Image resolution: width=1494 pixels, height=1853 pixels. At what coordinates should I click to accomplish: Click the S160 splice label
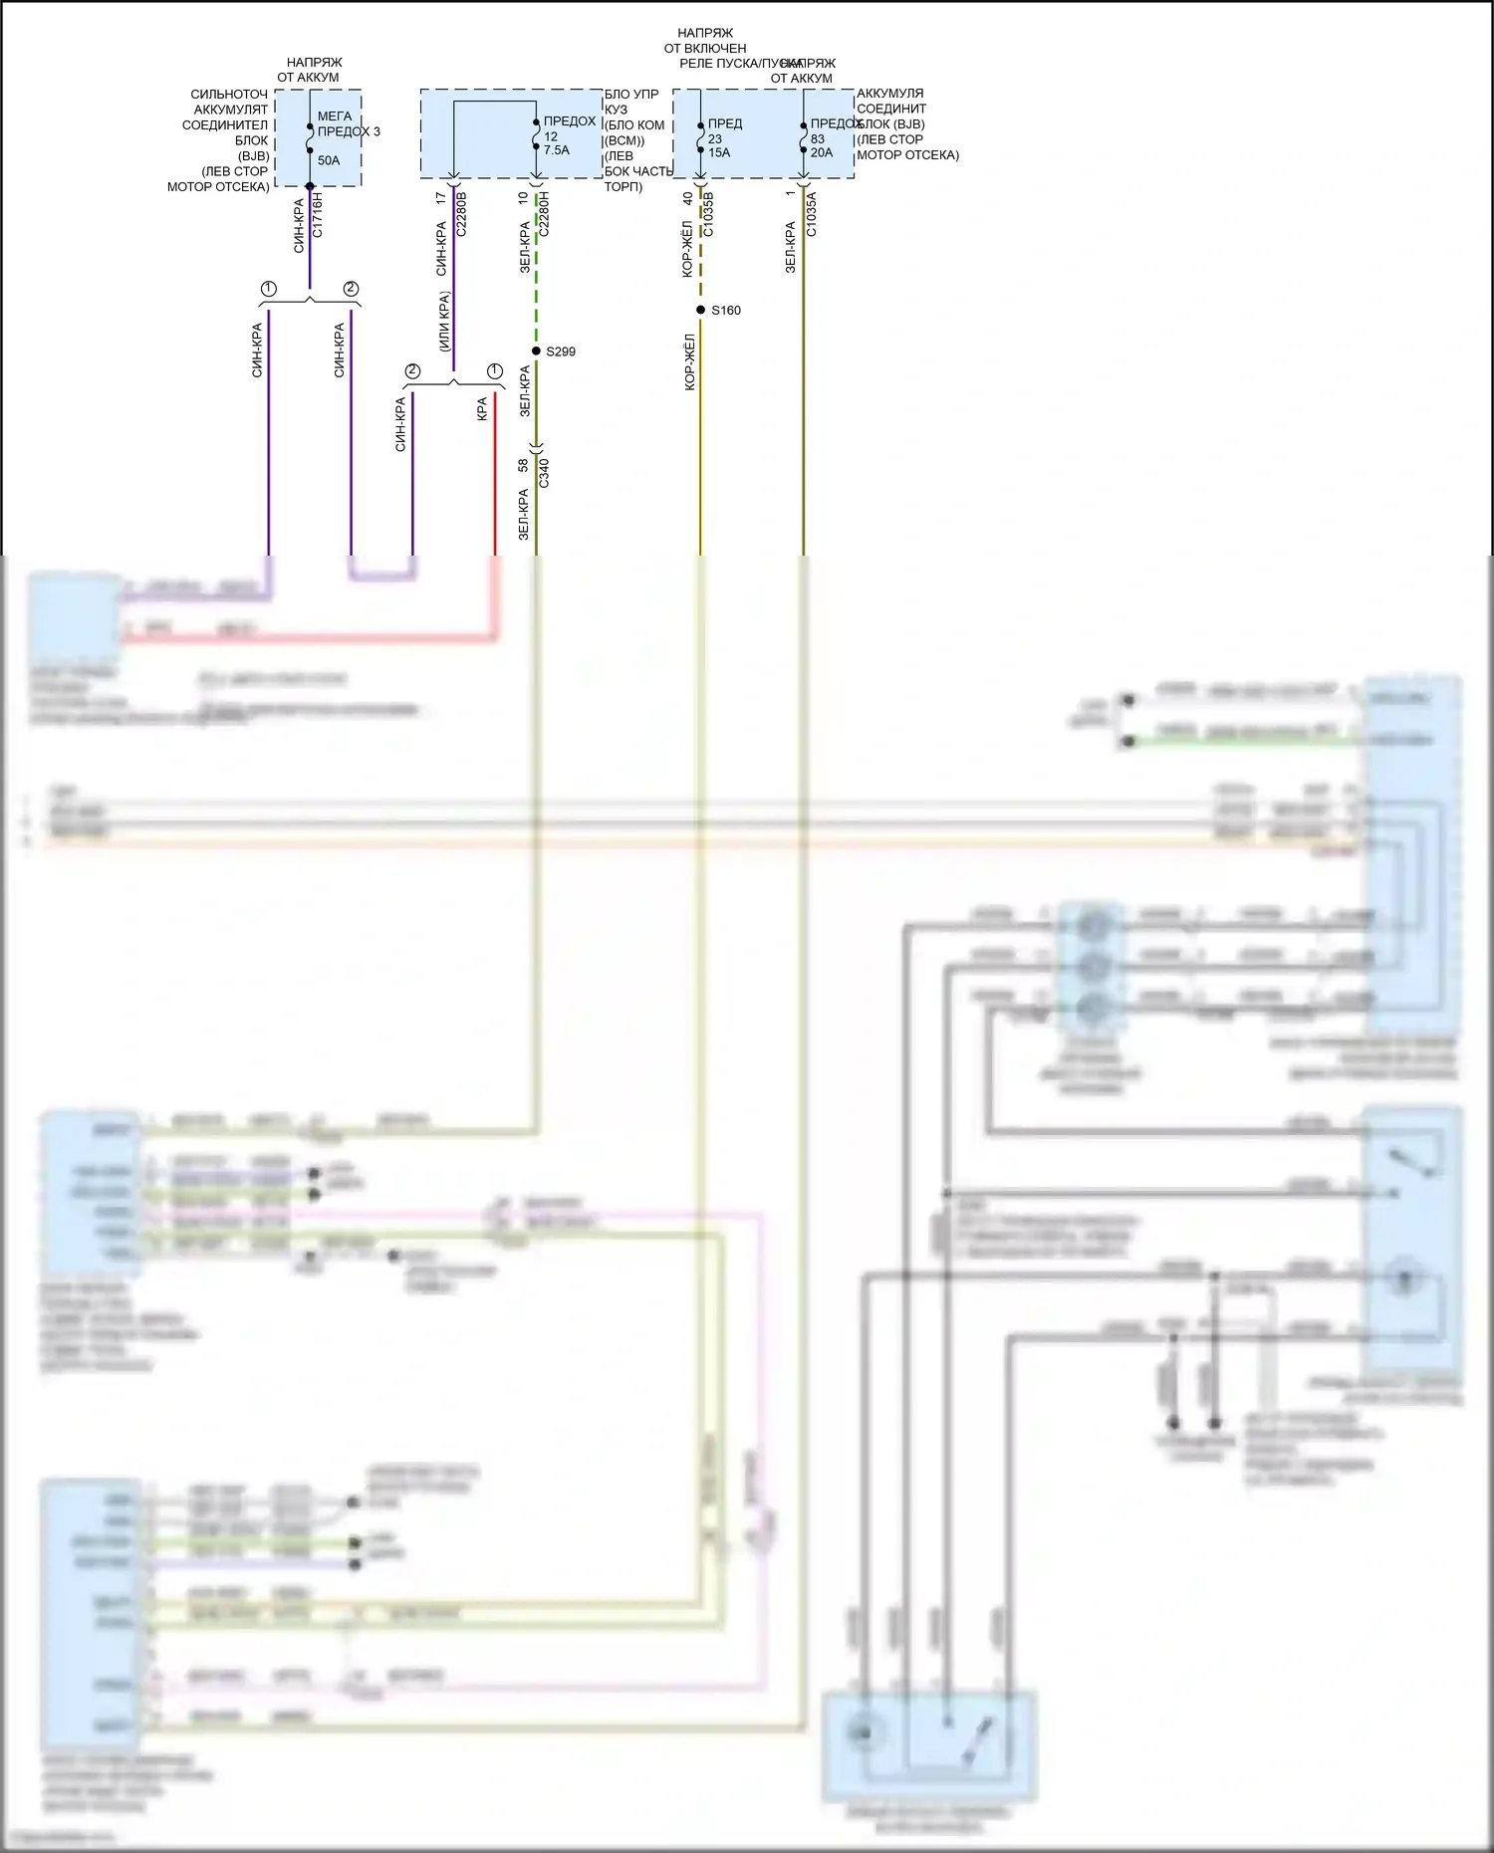pos(726,311)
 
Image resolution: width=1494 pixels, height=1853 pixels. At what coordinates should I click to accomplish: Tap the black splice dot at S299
pos(536,351)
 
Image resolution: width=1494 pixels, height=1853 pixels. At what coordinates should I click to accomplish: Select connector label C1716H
pos(318,215)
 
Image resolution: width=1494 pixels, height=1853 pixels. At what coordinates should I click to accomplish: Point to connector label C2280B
pos(461,214)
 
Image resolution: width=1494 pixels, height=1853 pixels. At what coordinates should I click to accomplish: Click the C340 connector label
pos(544,472)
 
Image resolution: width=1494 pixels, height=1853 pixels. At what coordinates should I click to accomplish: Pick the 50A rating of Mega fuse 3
pos(329,160)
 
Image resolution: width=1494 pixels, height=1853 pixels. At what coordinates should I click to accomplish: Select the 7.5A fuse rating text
pos(557,150)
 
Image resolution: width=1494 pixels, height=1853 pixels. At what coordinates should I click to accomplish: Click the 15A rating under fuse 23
pos(719,152)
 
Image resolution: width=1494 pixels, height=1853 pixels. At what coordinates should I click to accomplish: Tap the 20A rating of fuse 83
pos(822,152)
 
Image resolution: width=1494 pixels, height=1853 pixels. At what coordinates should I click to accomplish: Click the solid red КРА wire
pos(495,478)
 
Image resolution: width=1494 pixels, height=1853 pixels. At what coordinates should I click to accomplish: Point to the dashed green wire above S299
pos(536,289)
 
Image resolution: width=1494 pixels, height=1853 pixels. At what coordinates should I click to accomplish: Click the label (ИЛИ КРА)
pos(444,321)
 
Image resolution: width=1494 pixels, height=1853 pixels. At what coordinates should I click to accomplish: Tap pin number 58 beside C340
pos(523,465)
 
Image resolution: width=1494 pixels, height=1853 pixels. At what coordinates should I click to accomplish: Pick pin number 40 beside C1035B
pos(687,199)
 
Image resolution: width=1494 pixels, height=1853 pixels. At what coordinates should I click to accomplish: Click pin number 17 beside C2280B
pos(440,199)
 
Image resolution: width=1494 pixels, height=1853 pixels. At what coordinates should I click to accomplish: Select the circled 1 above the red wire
pos(494,371)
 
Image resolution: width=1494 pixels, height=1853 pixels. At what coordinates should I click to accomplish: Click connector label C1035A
pos(811,214)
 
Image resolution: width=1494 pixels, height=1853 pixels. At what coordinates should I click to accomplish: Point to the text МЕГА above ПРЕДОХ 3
pos(335,116)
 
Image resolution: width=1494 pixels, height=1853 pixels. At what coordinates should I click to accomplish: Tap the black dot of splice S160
pos(701,310)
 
